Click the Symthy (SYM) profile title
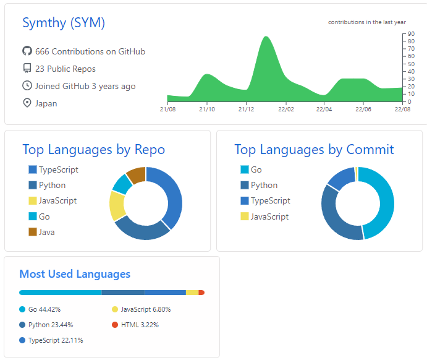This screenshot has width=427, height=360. [64, 23]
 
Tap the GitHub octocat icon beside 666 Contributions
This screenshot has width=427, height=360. [27, 51]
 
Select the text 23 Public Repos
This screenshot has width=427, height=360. [65, 69]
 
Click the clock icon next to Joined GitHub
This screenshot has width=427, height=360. [27, 86]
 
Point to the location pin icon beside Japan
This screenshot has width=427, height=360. [27, 103]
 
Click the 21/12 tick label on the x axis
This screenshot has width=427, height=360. [246, 109]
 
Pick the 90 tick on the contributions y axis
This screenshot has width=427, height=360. [411, 34]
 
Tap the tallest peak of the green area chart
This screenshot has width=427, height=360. [266, 38]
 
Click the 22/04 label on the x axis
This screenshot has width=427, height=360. [324, 109]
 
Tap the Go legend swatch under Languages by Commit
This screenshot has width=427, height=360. [244, 169]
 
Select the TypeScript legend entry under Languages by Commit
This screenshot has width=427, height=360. [270, 200]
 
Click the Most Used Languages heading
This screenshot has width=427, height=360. [75, 273]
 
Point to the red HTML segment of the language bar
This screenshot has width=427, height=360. [201, 293]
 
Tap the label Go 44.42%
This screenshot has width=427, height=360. [44, 309]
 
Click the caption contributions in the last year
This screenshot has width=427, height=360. [367, 22]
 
